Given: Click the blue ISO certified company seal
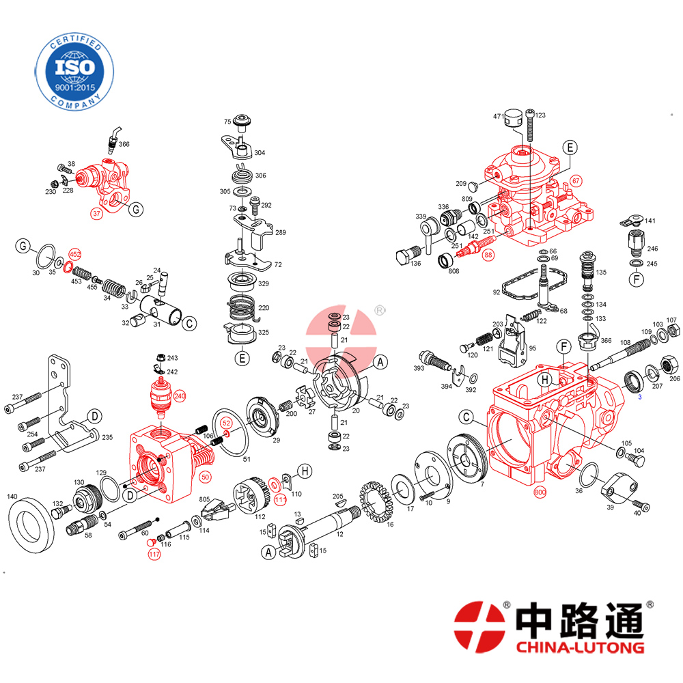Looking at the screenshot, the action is pos(74,72).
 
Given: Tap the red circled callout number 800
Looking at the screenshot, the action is pos(540,492).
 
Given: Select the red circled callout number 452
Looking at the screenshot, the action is pos(75,254).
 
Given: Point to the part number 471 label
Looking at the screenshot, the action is pos(499,116).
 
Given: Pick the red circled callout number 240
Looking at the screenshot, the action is pos(180,396).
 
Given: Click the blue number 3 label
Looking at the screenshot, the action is pos(640,397).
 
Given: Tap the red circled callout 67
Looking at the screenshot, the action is pos(576,181).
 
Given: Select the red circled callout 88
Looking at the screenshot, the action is pos(488,255).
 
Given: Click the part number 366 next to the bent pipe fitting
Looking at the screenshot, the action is pos(124,144).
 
